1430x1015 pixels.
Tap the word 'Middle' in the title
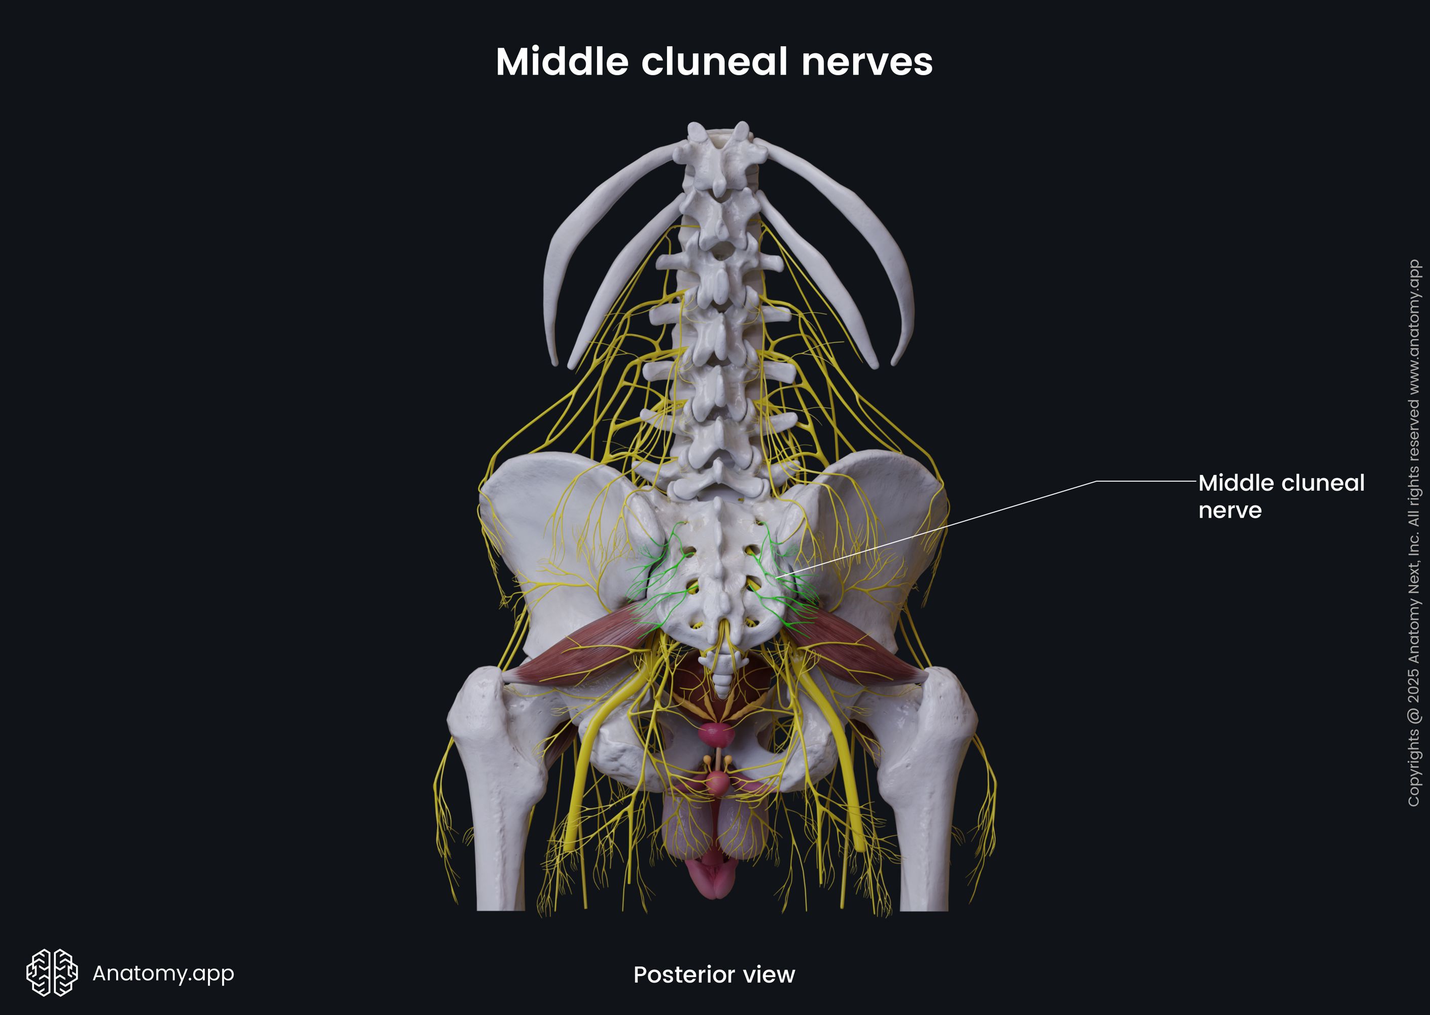click(x=562, y=62)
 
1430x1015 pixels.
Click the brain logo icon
click(x=52, y=972)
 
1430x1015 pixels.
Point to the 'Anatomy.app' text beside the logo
click(x=163, y=973)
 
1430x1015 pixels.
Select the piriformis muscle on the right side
click(x=856, y=650)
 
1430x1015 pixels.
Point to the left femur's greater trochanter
click(x=478, y=706)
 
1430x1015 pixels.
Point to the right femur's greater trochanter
click(x=950, y=706)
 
